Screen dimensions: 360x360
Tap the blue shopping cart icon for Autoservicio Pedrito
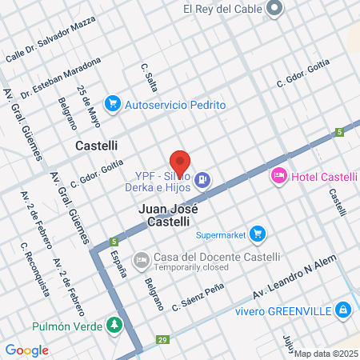tap(113, 104)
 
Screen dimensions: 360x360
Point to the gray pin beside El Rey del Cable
tap(275, 10)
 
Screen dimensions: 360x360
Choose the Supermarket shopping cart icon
tap(257, 234)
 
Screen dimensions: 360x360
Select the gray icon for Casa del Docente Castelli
tap(141, 259)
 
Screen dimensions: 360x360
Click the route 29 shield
tap(163, 340)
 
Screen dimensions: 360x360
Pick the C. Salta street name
tap(150, 78)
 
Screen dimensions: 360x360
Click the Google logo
tap(26, 350)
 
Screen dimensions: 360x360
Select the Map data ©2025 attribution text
tap(326, 354)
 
